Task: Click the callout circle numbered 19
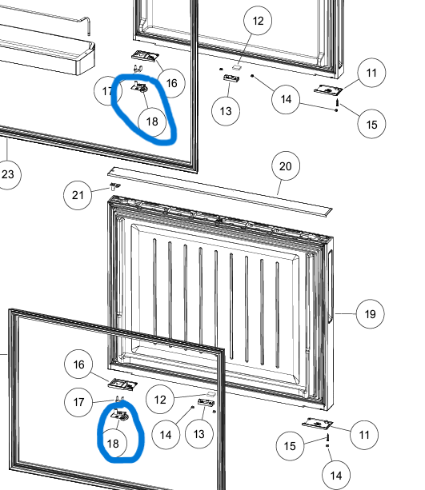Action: click(x=371, y=314)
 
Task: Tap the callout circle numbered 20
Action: click(x=286, y=166)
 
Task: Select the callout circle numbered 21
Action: click(x=78, y=195)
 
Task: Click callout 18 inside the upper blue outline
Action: click(x=152, y=122)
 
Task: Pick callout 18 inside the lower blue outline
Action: click(x=113, y=443)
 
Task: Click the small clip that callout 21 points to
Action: click(x=115, y=186)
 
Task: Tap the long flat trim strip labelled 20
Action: click(x=219, y=192)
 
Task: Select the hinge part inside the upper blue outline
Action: click(x=139, y=86)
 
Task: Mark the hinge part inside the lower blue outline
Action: click(x=119, y=414)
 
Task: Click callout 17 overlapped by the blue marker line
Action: click(x=108, y=90)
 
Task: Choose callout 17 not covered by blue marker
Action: click(x=78, y=402)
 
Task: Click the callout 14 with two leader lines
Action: click(x=286, y=99)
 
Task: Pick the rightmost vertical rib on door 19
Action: click(x=277, y=315)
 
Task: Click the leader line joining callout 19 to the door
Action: click(x=345, y=313)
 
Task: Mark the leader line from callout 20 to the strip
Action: click(x=280, y=188)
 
